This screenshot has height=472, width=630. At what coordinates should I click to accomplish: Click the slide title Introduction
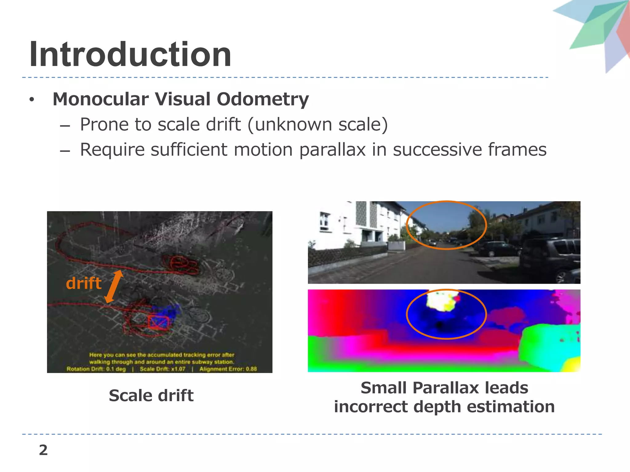(130, 55)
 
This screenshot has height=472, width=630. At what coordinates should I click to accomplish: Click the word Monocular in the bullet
(101, 99)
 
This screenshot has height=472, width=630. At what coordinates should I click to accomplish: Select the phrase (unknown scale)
(317, 125)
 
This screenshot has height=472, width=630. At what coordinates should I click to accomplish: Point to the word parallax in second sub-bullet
(332, 150)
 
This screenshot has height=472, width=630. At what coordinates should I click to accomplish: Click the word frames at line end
(517, 150)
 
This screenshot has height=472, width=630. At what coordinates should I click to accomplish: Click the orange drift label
(83, 283)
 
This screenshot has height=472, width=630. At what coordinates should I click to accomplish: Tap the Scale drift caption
(151, 395)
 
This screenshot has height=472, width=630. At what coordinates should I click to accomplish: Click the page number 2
(43, 450)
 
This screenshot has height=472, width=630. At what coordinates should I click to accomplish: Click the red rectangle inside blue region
(159, 322)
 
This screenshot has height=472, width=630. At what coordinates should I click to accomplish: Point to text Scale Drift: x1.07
(162, 369)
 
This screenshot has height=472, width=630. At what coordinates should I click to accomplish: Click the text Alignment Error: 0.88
(228, 369)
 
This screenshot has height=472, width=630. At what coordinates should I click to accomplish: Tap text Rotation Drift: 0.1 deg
(96, 369)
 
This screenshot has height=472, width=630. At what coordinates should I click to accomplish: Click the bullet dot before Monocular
(31, 100)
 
